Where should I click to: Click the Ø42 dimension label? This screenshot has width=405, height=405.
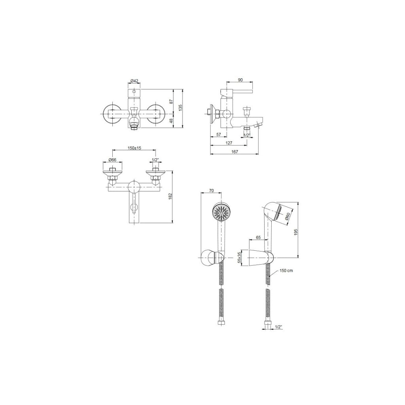coord(134,81)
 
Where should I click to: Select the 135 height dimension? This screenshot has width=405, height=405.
coord(180,108)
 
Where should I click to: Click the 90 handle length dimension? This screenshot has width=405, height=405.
coord(240,80)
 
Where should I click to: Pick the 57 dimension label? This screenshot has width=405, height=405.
coord(218,134)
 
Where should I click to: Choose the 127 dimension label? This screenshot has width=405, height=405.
coord(229,143)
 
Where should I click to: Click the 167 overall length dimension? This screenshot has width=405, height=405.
coord(235,151)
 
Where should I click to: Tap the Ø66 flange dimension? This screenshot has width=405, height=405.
coord(112,160)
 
